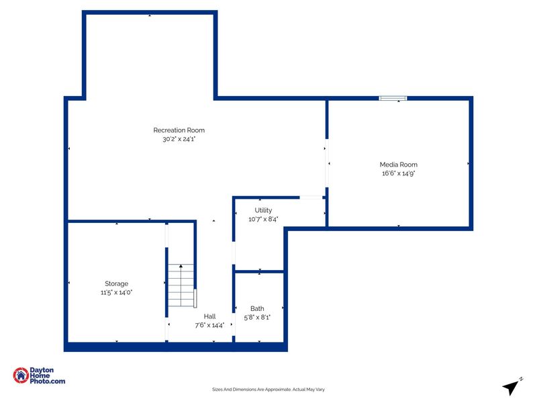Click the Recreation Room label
click(x=179, y=130)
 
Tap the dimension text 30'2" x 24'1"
click(x=179, y=140)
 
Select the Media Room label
click(x=398, y=165)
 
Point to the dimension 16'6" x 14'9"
click(x=398, y=173)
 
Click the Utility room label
click(x=263, y=210)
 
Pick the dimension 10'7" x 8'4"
click(x=263, y=219)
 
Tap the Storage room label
click(x=116, y=283)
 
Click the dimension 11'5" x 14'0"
click(x=116, y=293)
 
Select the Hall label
click(x=209, y=316)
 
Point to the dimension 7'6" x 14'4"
click(x=209, y=325)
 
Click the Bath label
click(x=257, y=308)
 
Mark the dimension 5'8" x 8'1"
click(x=257, y=317)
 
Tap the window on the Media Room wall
click(x=393, y=99)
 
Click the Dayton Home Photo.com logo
click(x=40, y=376)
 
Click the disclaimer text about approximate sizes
click(x=268, y=389)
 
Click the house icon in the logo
click(x=21, y=376)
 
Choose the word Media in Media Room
click(x=389, y=165)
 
